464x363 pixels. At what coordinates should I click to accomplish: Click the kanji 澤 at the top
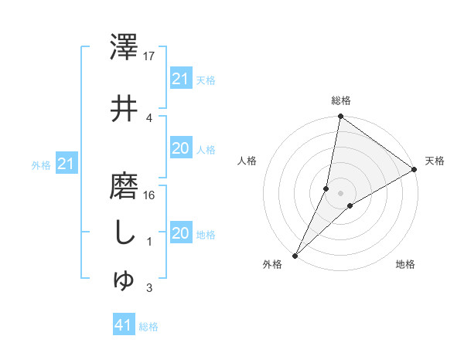coord(124,48)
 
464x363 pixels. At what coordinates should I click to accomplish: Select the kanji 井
coord(124,108)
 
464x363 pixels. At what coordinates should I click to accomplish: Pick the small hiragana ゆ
coord(124,281)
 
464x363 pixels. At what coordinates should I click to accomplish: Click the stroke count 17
coord(150,56)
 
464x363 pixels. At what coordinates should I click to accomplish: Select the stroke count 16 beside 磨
coord(150,195)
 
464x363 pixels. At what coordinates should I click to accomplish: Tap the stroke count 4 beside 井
coord(149,117)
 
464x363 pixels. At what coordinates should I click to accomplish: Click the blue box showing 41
coord(124,326)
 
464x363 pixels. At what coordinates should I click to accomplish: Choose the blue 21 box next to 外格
coord(66,164)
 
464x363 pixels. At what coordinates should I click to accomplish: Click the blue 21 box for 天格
coord(180,79)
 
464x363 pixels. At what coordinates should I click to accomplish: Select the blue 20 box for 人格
coord(180,148)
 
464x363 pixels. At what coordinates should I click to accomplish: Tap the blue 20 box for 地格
coord(180,234)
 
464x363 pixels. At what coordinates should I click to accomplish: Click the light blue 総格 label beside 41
coord(149,327)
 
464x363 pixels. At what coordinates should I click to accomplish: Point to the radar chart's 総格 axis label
coord(341,100)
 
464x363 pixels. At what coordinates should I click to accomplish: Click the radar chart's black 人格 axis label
coord(247,161)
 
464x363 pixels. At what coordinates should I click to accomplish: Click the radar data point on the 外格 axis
coord(295,256)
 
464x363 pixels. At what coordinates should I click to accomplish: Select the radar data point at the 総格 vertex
coord(341,117)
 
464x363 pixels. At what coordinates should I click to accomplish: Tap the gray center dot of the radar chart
coord(341,192)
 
